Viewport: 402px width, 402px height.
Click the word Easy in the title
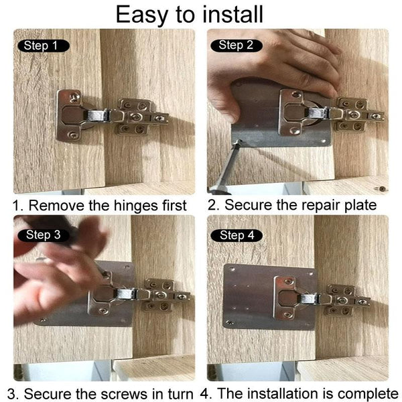pyautogui.click(x=143, y=14)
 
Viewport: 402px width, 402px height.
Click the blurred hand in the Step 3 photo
pyautogui.click(x=60, y=268)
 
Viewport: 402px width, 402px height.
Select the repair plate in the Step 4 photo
pyautogui.click(x=248, y=295)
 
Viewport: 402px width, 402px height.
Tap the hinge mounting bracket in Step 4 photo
pyautogui.click(x=345, y=299)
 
